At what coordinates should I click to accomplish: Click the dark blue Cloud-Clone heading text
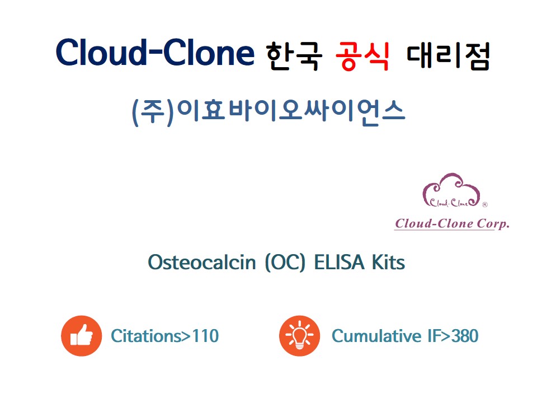[155, 52]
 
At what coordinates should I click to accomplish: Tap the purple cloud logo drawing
[451, 190]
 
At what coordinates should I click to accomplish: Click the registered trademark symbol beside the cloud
[484, 205]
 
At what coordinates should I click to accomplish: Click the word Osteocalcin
[202, 263]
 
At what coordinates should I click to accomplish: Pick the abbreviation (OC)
[285, 263]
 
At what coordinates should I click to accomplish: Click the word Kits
[388, 263]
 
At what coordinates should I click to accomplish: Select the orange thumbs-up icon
[82, 336]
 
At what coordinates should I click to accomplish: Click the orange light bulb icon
[300, 336]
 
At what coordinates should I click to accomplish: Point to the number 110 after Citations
[205, 336]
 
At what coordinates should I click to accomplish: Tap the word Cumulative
[376, 336]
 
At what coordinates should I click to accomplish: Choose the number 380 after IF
[465, 336]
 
